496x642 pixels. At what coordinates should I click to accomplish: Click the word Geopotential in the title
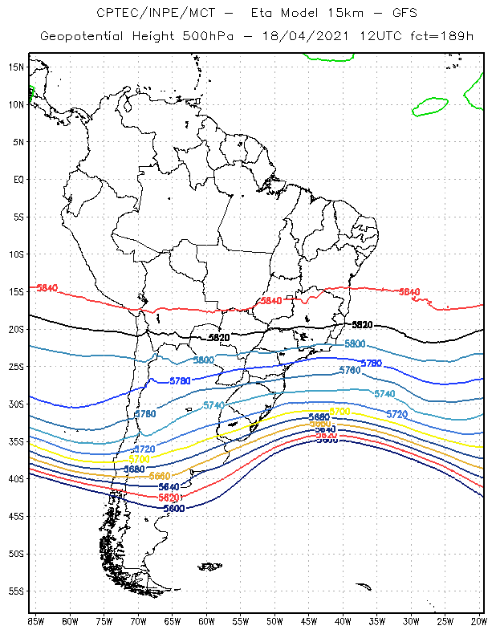click(81, 36)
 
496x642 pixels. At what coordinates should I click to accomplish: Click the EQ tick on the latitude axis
click(18, 179)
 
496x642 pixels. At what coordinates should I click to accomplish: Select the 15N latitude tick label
click(16, 67)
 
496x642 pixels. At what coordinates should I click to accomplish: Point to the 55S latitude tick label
click(16, 591)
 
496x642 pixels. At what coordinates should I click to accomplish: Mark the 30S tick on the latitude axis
click(16, 404)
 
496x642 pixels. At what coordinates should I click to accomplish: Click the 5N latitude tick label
click(18, 142)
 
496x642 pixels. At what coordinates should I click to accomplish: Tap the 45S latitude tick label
click(16, 516)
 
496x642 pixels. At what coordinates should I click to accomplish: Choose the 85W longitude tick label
click(36, 621)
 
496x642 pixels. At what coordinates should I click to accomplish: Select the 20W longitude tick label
click(479, 621)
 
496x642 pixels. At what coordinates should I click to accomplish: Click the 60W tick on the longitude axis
click(206, 621)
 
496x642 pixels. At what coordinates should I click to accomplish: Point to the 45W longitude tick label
click(309, 621)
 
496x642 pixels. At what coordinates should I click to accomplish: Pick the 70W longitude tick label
click(138, 621)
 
